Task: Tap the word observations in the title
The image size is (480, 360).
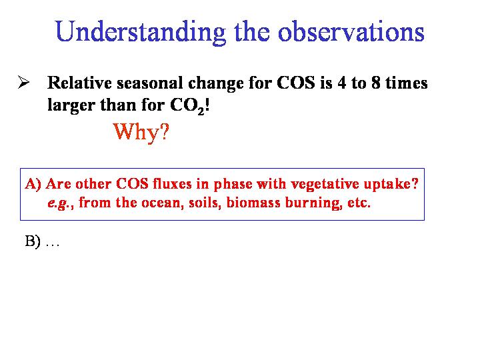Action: tap(351, 31)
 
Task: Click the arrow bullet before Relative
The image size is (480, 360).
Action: tap(23, 82)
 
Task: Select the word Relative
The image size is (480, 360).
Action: tap(79, 83)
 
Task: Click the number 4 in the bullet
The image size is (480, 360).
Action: tap(342, 83)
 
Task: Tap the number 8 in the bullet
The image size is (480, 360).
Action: tap(376, 83)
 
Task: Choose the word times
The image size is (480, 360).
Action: tap(407, 83)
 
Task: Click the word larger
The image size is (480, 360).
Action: tap(71, 106)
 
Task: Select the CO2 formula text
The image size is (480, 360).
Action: tap(187, 106)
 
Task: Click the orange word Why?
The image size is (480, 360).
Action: tap(141, 132)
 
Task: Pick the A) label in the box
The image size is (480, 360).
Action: tap(33, 184)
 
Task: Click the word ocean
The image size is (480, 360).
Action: tap(161, 203)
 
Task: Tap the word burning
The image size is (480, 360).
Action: tap(314, 203)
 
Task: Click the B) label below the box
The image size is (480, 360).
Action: tap(33, 241)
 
